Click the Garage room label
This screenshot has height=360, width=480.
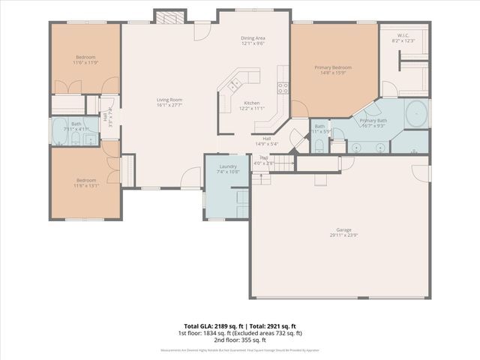pyautogui.click(x=344, y=230)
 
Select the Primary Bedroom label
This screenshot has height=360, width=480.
pyautogui.click(x=332, y=67)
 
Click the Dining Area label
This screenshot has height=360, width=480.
pyautogui.click(x=253, y=37)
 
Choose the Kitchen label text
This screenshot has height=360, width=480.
pyautogui.click(x=251, y=103)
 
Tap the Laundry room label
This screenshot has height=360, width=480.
pyautogui.click(x=228, y=166)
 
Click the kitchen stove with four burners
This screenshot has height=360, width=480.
pyautogui.click(x=283, y=87)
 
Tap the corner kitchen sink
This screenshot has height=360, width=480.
pyautogui.click(x=234, y=80)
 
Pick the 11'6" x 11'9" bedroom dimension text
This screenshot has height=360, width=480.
pyautogui.click(x=86, y=62)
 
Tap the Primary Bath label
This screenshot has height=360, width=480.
pyautogui.click(x=373, y=121)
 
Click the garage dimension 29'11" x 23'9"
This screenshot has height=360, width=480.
pyautogui.click(x=344, y=235)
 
